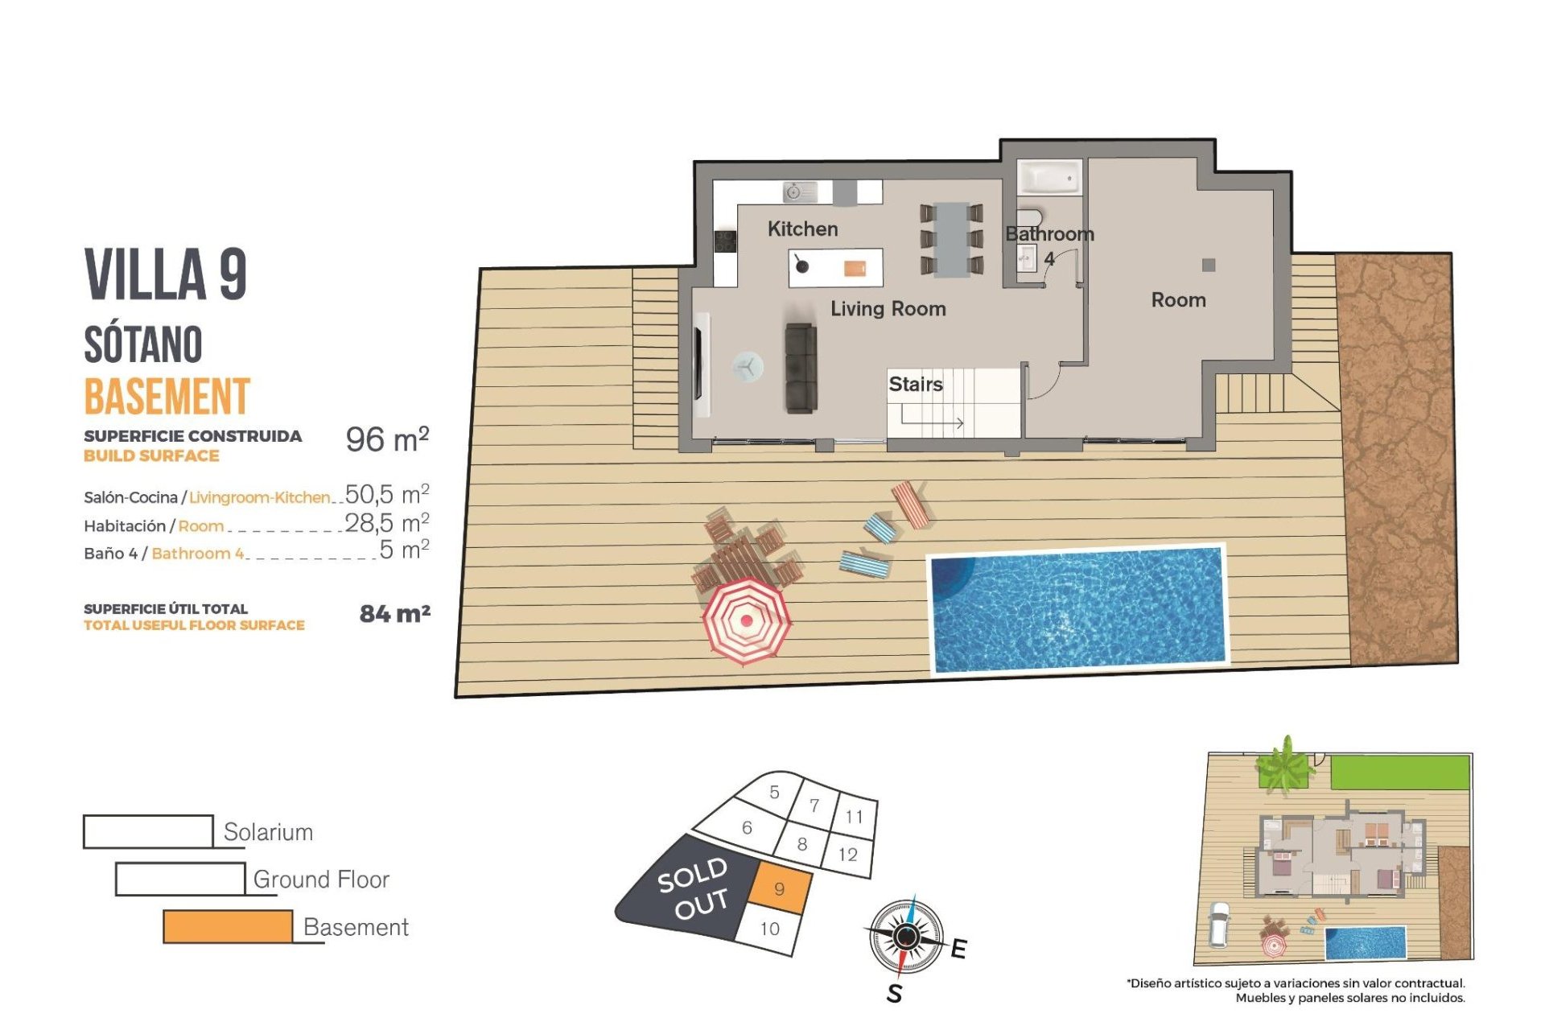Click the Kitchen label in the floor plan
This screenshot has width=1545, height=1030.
click(x=802, y=229)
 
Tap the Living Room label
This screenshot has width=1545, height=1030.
click(x=888, y=309)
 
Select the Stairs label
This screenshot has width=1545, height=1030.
click(x=915, y=385)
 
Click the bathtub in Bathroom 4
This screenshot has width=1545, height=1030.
click(x=1049, y=178)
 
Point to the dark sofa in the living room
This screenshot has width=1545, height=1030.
click(x=801, y=369)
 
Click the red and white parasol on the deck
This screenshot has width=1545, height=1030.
click(x=746, y=620)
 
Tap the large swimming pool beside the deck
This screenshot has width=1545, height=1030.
click(x=1077, y=609)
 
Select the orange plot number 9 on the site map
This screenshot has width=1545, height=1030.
click(x=779, y=889)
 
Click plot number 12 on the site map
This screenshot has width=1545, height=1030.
click(x=847, y=855)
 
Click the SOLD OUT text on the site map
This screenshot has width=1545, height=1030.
click(x=693, y=888)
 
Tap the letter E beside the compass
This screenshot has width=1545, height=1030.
click(x=958, y=950)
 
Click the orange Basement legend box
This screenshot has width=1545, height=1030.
click(x=228, y=926)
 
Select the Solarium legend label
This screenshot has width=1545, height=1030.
click(x=268, y=832)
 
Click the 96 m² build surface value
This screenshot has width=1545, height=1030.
click(x=387, y=439)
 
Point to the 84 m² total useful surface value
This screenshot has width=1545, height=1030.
click(x=394, y=614)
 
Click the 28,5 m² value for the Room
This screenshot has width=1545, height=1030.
click(x=386, y=523)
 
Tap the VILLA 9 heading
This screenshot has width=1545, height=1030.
click(x=165, y=274)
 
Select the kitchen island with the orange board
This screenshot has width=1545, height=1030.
click(x=834, y=268)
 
